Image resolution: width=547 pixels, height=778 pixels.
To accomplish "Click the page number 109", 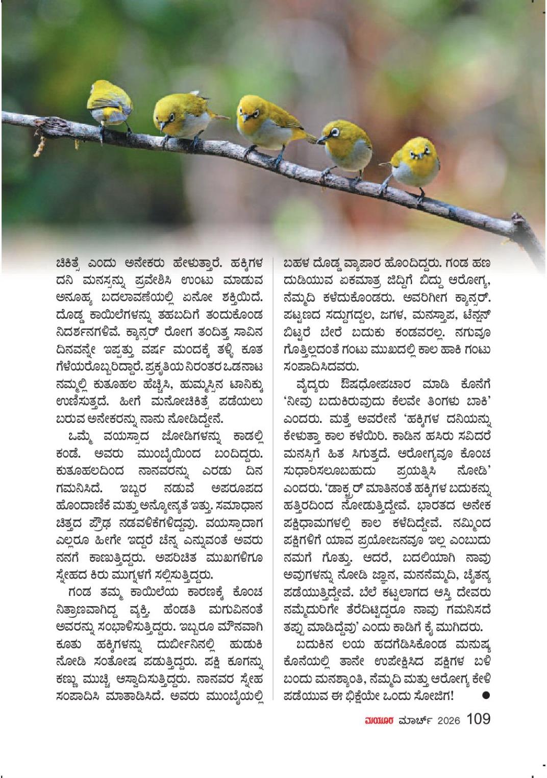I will [x=478, y=719].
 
